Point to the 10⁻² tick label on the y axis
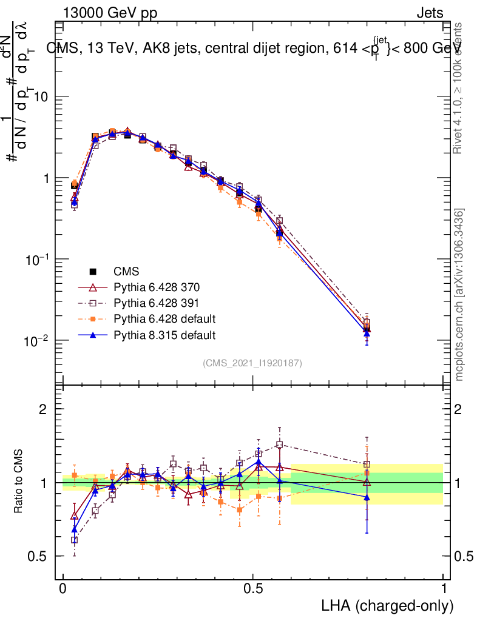click(x=36, y=340)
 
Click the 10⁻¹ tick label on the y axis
click(x=36, y=259)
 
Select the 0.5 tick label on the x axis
click(x=253, y=589)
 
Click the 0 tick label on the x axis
click(x=63, y=589)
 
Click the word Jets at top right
click(x=429, y=13)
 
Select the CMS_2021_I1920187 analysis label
click(x=252, y=363)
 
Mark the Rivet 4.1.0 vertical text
click(x=459, y=88)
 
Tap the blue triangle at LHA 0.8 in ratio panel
click(x=367, y=497)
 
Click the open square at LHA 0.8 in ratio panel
click(x=367, y=465)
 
